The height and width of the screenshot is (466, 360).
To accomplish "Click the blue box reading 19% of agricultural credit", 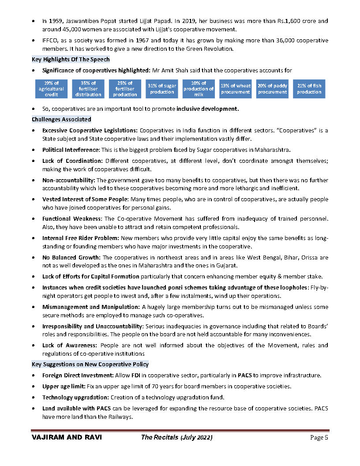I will coord(51,89).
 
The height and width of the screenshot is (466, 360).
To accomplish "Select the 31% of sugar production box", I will coord(162,89).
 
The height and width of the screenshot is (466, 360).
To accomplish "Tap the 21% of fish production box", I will coord(309,89).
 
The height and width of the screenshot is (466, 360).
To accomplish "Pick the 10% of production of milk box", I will coord(199,89).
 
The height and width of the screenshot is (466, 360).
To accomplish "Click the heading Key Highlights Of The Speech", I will coord(71,59).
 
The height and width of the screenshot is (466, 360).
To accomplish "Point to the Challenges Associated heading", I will coord(61,119).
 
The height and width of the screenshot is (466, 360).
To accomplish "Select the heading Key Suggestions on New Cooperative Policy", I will coord(90,364).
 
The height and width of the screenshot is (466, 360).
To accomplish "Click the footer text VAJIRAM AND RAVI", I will coord(67,437).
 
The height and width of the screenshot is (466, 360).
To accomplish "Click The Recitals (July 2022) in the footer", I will coord(176,437).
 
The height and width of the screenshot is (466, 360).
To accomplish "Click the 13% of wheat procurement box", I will coord(236,89).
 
